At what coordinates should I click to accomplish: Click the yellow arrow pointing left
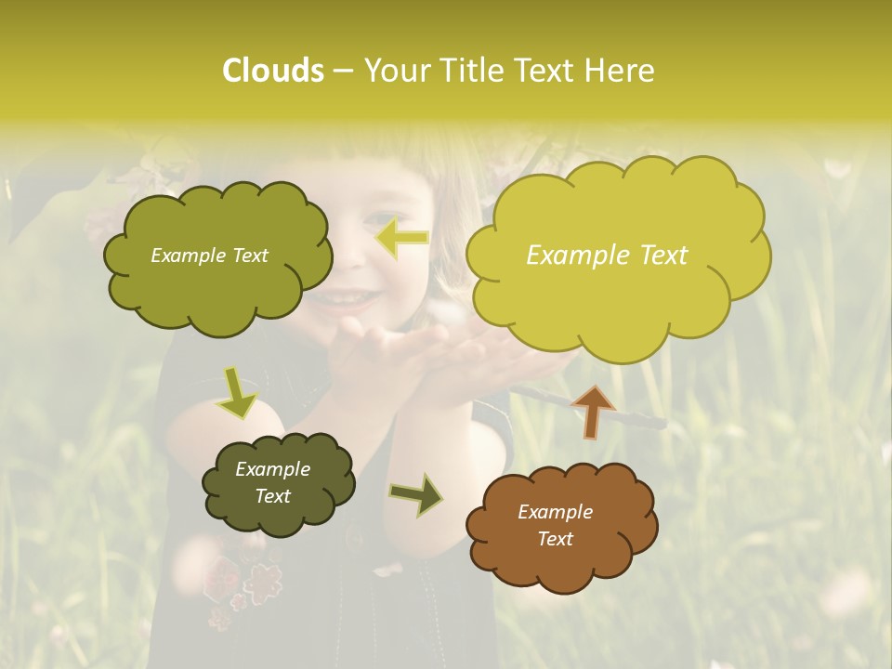pyautogui.click(x=401, y=238)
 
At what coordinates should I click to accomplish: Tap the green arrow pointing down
pyautogui.click(x=237, y=391)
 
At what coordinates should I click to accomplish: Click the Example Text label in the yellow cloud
pyautogui.click(x=607, y=256)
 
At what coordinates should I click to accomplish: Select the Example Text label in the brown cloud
pyautogui.click(x=555, y=525)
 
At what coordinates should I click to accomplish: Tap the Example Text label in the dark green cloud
pyautogui.click(x=272, y=482)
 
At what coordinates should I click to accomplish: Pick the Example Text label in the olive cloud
pyautogui.click(x=209, y=256)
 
